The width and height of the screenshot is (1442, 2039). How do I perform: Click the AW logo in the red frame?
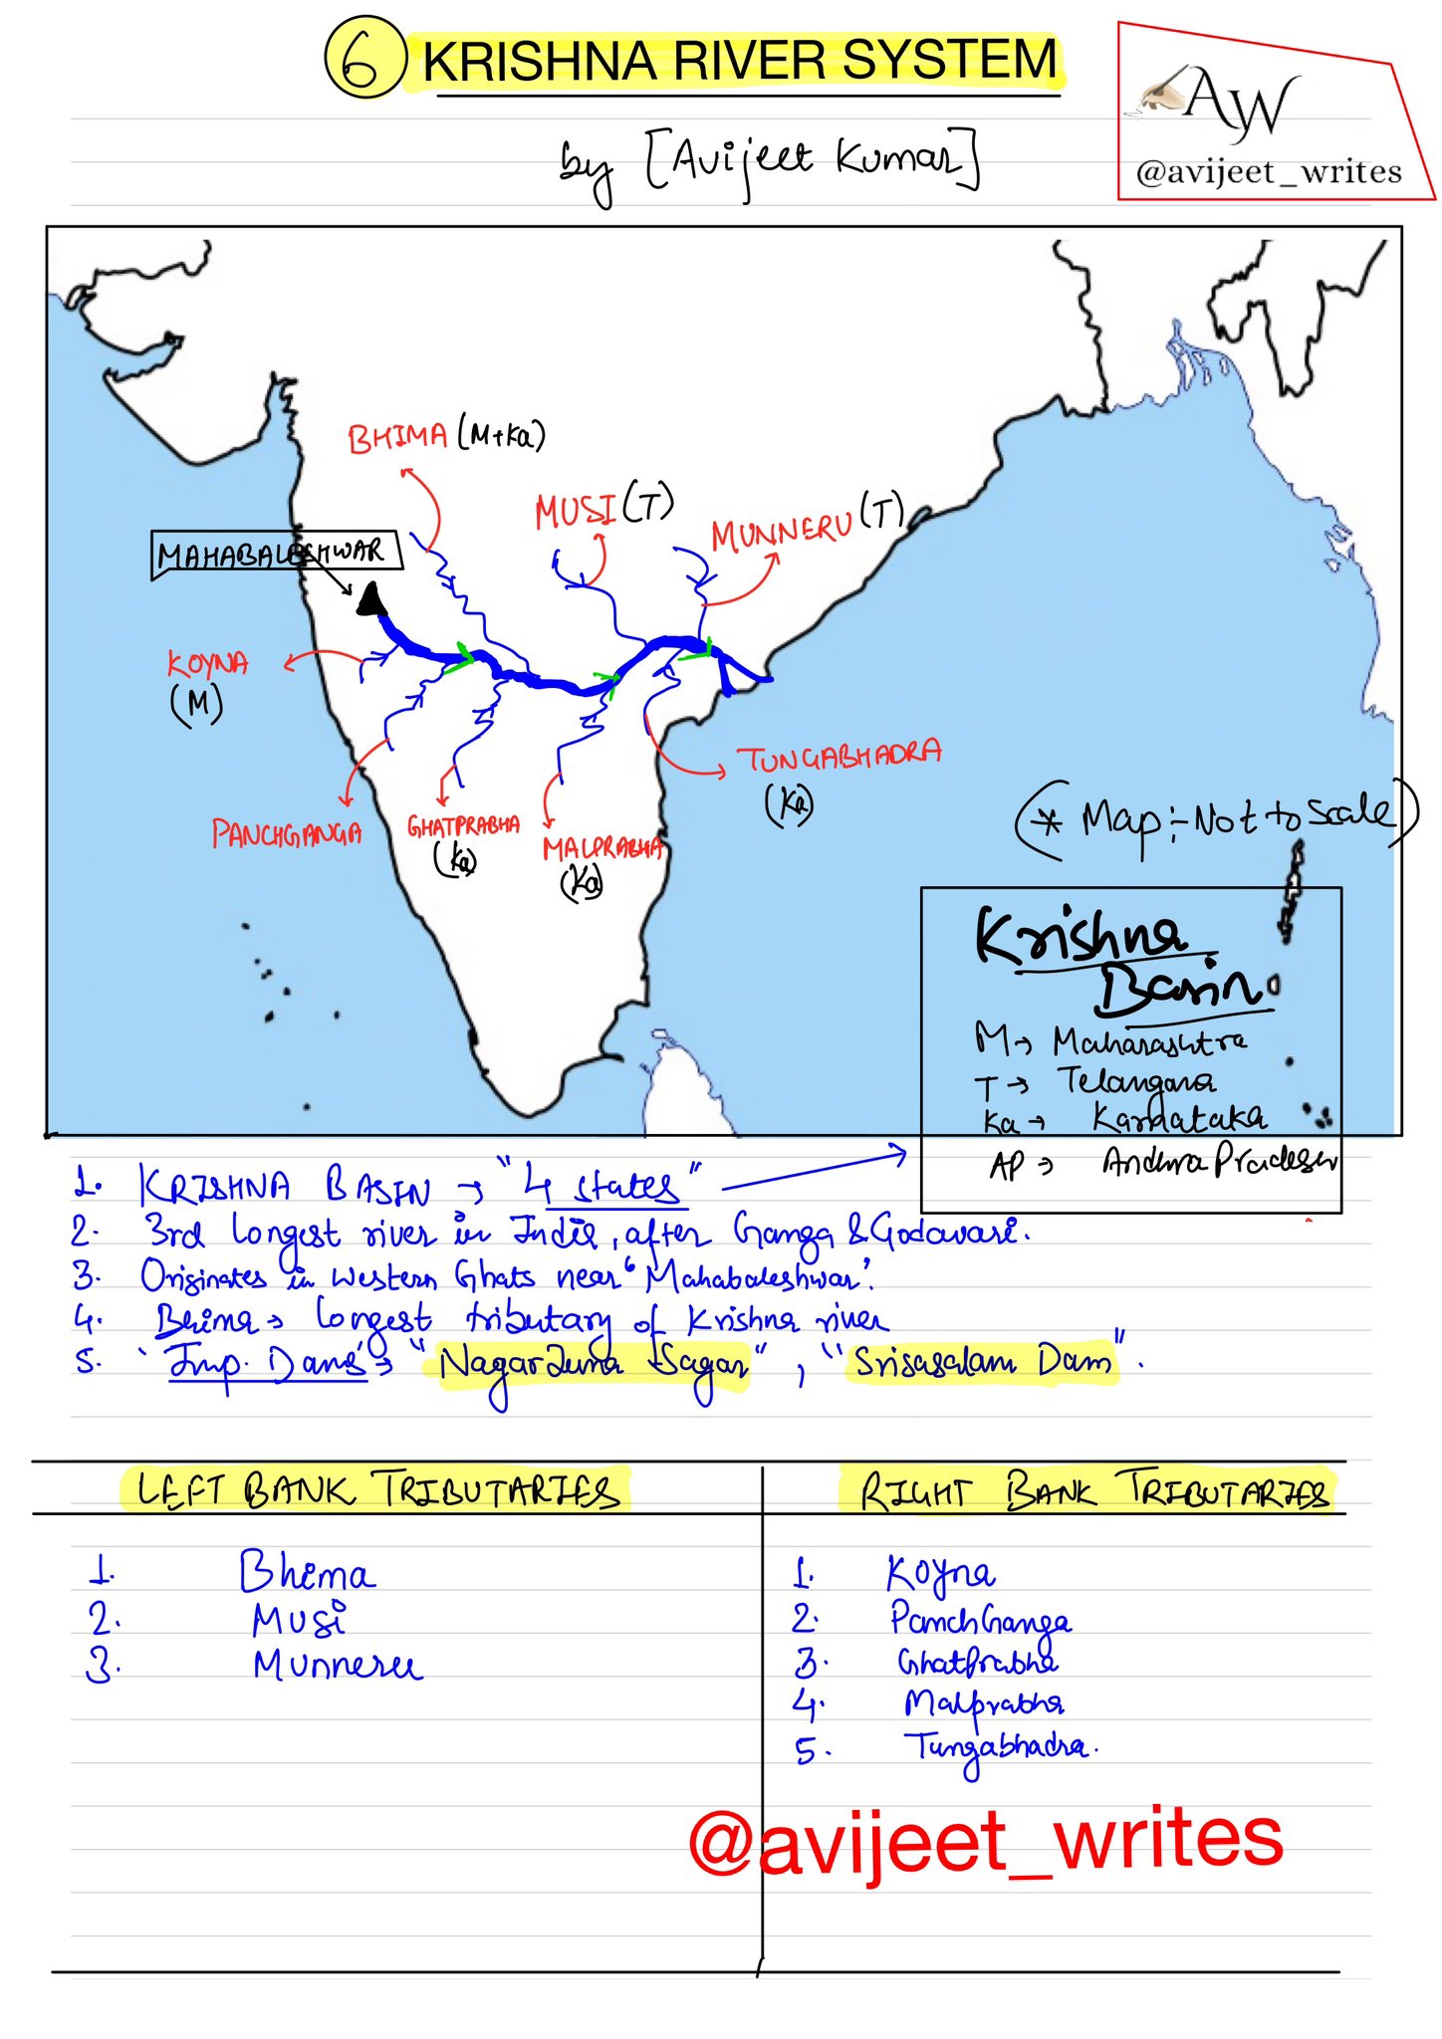(1241, 103)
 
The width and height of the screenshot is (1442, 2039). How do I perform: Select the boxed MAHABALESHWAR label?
(276, 553)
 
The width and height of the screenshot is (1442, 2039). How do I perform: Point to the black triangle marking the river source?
(371, 600)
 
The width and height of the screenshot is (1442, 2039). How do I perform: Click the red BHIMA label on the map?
(396, 438)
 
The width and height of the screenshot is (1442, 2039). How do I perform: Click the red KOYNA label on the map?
(207, 664)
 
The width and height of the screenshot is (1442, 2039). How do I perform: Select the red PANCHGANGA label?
(286, 833)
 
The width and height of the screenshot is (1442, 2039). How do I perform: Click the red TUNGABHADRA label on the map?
(839, 758)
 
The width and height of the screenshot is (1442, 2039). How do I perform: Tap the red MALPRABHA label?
(602, 848)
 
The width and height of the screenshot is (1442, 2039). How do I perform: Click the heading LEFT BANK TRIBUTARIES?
(378, 1490)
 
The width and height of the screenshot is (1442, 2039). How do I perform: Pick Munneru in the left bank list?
(338, 1666)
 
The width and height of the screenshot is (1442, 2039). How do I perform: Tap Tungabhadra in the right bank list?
(996, 1747)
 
